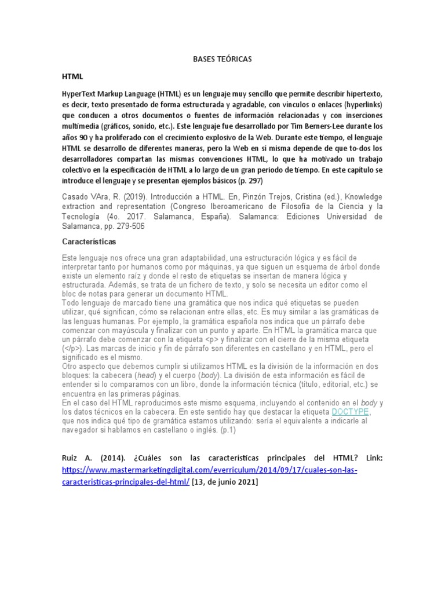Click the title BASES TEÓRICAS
pos(222,60)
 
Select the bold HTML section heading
pos(72,76)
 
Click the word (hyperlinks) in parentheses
pos(359,104)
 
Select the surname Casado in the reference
pos(76,197)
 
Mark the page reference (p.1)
pos(227,430)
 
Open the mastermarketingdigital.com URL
pos(209,470)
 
